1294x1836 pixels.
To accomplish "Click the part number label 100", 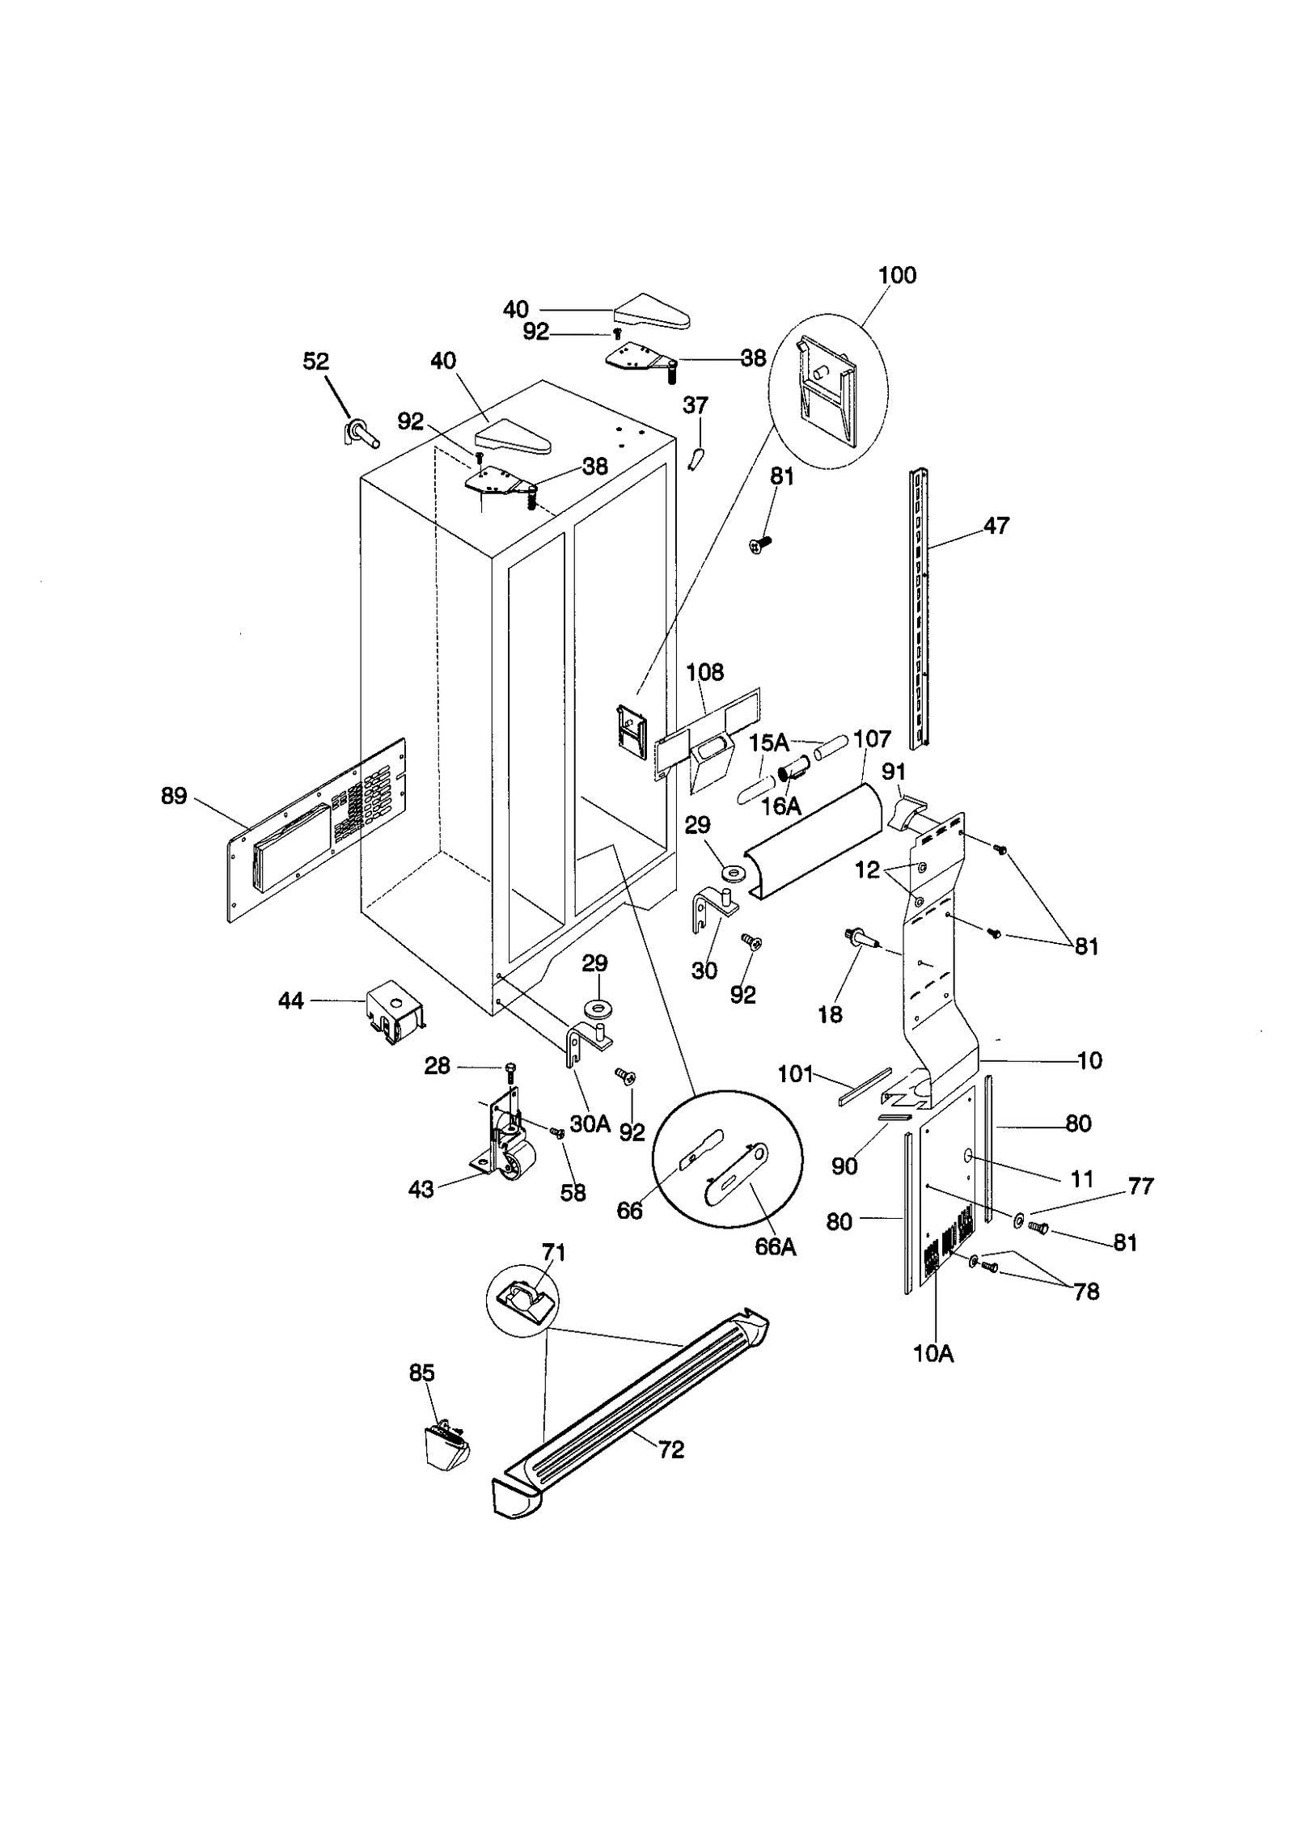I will pyautogui.click(x=897, y=275).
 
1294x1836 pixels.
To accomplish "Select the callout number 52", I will pyautogui.click(x=315, y=361).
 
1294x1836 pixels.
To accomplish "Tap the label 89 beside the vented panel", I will pyautogui.click(x=173, y=796).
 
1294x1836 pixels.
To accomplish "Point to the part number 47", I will pyautogui.click(x=996, y=526).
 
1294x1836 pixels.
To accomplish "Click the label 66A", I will pyautogui.click(x=775, y=1247).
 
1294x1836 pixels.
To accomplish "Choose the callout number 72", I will pyautogui.click(x=671, y=1449).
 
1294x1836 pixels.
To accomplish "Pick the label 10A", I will pyautogui.click(x=933, y=1354).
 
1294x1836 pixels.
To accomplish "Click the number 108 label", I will pyautogui.click(x=704, y=672).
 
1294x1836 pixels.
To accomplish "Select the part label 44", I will pyautogui.click(x=290, y=1001).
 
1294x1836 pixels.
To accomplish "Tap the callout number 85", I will pyautogui.click(x=421, y=1373).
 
